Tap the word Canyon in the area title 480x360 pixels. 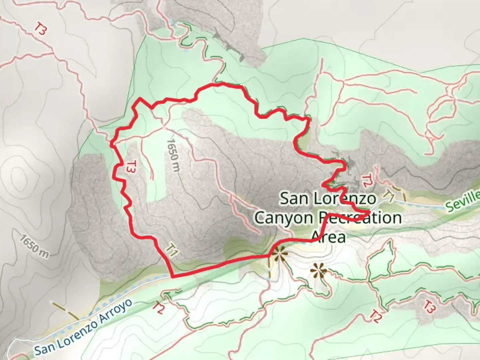click(283, 218)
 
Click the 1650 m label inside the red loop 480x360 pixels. click(173, 155)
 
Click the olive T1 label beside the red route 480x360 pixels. click(171, 250)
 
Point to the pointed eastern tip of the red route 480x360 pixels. click(370, 212)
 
